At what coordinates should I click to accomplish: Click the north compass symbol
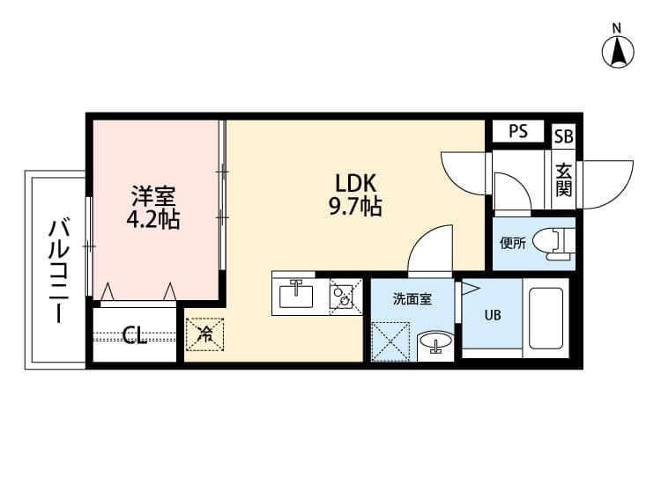point(620,50)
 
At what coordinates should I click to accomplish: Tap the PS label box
point(517,132)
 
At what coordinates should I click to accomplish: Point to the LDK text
point(356,184)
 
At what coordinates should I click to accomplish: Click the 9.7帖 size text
point(357,208)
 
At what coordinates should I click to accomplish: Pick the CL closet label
point(135,334)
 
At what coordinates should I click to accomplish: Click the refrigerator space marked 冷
point(204,334)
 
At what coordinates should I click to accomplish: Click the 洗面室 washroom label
point(412,299)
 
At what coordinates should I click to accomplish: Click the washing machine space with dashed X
point(390,341)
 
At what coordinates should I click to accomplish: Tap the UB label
point(492,314)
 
